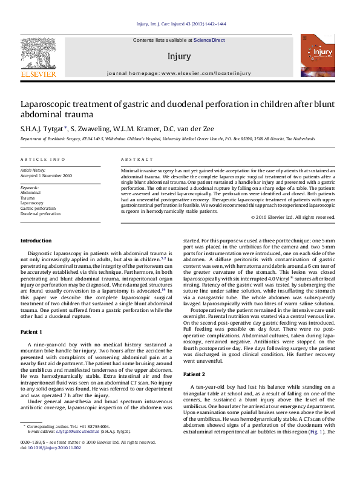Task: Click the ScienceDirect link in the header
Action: [x=209, y=39]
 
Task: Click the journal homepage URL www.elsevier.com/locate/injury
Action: [x=206, y=73]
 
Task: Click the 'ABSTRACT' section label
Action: [x=137, y=160]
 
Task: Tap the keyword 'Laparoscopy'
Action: [x=32, y=203]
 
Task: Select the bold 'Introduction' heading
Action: [x=36, y=241]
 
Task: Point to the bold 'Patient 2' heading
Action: [x=194, y=374]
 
